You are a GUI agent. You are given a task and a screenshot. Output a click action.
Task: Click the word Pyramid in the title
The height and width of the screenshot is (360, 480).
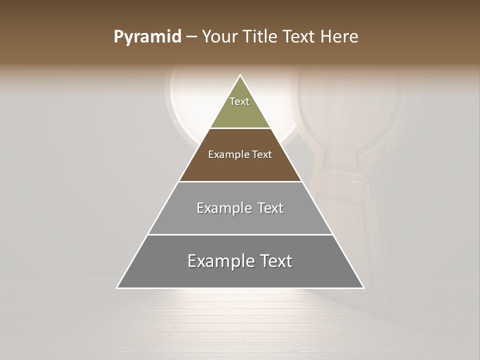pyautogui.click(x=147, y=37)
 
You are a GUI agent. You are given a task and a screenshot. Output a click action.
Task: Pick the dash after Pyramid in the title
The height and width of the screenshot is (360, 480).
pyautogui.click(x=191, y=37)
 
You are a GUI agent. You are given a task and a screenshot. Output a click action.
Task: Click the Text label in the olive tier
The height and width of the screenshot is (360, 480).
pyautogui.click(x=239, y=101)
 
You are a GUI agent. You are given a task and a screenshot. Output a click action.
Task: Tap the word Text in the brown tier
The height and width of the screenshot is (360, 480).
pyautogui.click(x=262, y=154)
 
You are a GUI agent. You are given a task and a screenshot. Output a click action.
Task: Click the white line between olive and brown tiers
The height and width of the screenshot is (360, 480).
pyautogui.click(x=240, y=128)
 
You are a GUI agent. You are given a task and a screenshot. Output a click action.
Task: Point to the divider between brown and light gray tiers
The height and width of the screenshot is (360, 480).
pyautogui.click(x=240, y=181)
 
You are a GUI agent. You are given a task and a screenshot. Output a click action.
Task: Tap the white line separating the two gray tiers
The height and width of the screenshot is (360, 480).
pyautogui.click(x=240, y=234)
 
